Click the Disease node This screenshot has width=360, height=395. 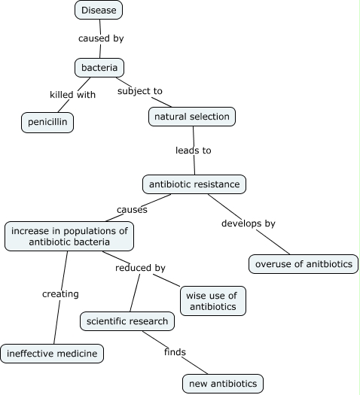click(99, 10)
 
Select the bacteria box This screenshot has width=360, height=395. click(99, 68)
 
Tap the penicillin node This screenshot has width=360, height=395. click(47, 122)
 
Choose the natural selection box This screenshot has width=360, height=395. click(192, 117)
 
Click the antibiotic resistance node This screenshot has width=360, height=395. click(194, 184)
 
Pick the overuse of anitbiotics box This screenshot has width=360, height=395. click(304, 264)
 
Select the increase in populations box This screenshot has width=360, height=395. click(69, 235)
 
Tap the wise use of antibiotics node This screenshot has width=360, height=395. click(213, 300)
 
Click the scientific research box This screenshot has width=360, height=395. click(127, 321)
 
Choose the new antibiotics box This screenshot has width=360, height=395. click(223, 384)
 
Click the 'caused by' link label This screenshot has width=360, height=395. click(100, 37)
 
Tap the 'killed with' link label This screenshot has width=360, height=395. click(72, 95)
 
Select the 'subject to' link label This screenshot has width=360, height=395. click(140, 91)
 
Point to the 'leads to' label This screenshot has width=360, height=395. click(194, 150)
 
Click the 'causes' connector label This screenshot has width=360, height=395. click(132, 209)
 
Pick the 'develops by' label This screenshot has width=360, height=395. click(249, 223)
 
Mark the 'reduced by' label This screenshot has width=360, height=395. click(140, 267)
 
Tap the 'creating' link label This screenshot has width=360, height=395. click(60, 293)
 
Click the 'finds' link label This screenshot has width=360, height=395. click(175, 351)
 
